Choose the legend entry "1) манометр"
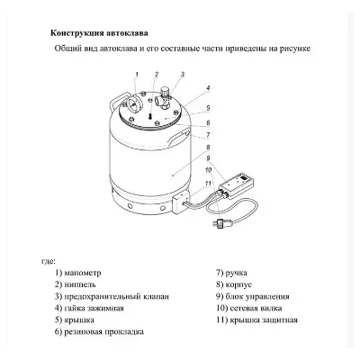click(x=80, y=271)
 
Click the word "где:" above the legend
click(x=37, y=258)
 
